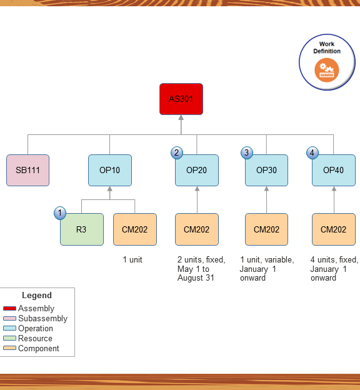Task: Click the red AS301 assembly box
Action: point(181,99)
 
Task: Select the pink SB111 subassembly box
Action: point(27,170)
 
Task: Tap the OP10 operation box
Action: point(110,170)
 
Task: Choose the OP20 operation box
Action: point(197,170)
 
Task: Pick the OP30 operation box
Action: point(266,170)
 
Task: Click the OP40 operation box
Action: point(334,170)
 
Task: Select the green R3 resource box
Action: point(82,229)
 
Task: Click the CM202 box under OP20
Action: point(197,229)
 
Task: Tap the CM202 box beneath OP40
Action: point(334,229)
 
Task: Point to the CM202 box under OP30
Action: point(266,229)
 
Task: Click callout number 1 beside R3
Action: point(60,213)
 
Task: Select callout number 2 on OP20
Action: point(177,152)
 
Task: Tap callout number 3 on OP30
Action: point(247,152)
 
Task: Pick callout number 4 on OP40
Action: point(312,152)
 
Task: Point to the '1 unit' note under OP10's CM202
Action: point(132,259)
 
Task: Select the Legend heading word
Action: point(37,295)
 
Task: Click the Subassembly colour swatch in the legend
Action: point(9,319)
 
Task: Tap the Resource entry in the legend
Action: point(35,339)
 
